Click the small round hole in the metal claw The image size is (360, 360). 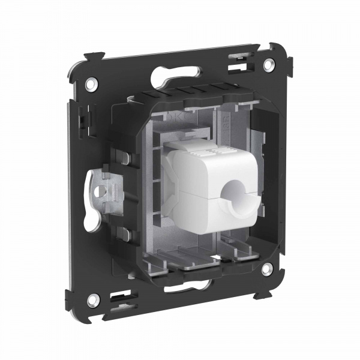click(x=108, y=191)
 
